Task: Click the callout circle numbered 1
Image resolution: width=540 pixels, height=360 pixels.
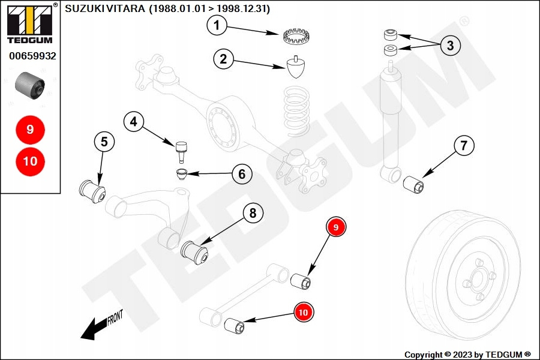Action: (x=217, y=25)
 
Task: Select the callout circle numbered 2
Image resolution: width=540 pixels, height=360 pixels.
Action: (x=223, y=59)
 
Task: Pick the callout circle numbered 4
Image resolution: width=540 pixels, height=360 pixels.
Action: (x=134, y=122)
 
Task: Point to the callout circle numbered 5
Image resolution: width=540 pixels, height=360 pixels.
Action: (x=104, y=142)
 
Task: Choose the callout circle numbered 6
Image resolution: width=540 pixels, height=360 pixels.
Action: (x=242, y=174)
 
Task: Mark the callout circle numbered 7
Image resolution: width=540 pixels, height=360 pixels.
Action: (x=463, y=145)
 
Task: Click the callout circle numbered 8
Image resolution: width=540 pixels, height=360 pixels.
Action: (x=253, y=212)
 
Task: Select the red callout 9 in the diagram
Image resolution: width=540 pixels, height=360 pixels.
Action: (x=336, y=227)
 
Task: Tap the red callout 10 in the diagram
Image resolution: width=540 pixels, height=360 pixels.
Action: (x=304, y=312)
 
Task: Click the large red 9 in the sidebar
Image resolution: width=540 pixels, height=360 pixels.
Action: (x=30, y=129)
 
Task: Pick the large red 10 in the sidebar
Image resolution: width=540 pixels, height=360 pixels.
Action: (x=30, y=161)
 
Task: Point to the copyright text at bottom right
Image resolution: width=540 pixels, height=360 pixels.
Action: (x=467, y=354)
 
